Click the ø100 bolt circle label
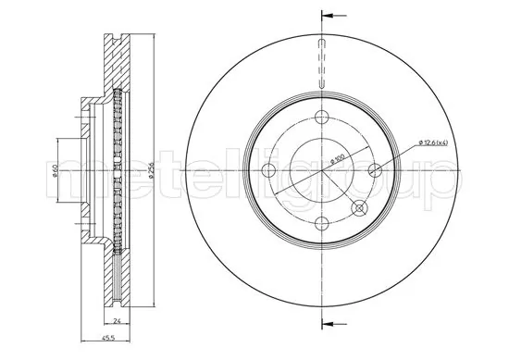[x=339, y=159]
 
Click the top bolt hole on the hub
[x=321, y=117]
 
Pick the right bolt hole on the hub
[x=375, y=170]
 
